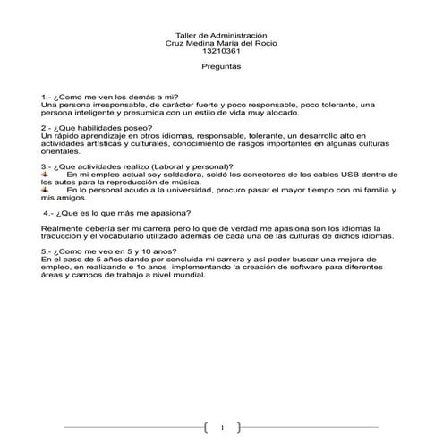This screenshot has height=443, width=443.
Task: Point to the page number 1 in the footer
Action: [222, 425]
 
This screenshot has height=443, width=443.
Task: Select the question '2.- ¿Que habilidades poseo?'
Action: [96, 128]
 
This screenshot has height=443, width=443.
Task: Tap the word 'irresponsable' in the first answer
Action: [109, 105]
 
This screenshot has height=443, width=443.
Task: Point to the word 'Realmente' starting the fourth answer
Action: [64, 229]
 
